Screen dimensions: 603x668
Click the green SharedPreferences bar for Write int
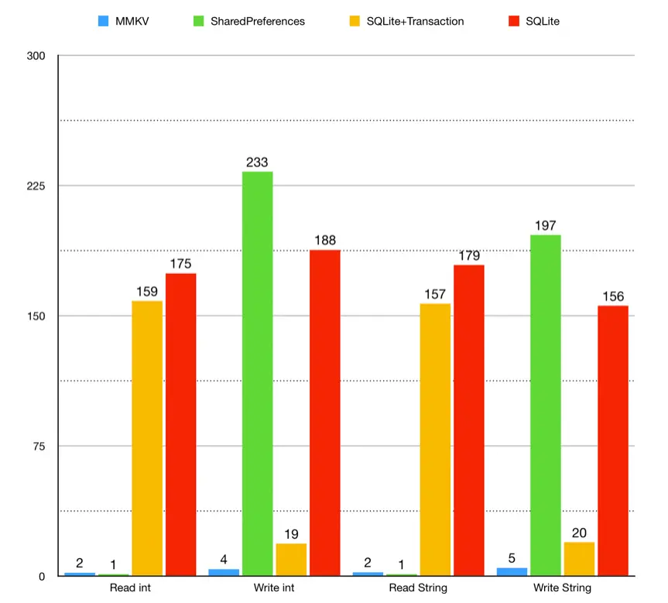pyautogui.click(x=257, y=373)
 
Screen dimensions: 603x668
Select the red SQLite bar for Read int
pyautogui.click(x=180, y=424)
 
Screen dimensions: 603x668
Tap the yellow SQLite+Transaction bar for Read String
pyautogui.click(x=435, y=439)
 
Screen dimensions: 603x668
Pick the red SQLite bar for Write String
pyautogui.click(x=612, y=440)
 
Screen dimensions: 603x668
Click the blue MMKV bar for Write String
pyautogui.click(x=512, y=571)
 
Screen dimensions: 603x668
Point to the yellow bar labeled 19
pyautogui.click(x=291, y=559)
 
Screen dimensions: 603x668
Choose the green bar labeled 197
pyautogui.click(x=545, y=405)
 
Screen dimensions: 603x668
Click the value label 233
pyautogui.click(x=257, y=163)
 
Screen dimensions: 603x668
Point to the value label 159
pyautogui.click(x=147, y=292)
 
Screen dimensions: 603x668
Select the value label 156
pyautogui.click(x=612, y=297)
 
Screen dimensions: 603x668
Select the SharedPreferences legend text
pyautogui.click(x=258, y=21)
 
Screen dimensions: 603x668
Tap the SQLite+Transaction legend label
pyautogui.click(x=416, y=21)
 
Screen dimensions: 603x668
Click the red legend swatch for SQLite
pyautogui.click(x=514, y=21)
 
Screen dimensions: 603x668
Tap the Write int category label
pyautogui.click(x=274, y=588)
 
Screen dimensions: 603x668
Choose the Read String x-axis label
pyautogui.click(x=418, y=588)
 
